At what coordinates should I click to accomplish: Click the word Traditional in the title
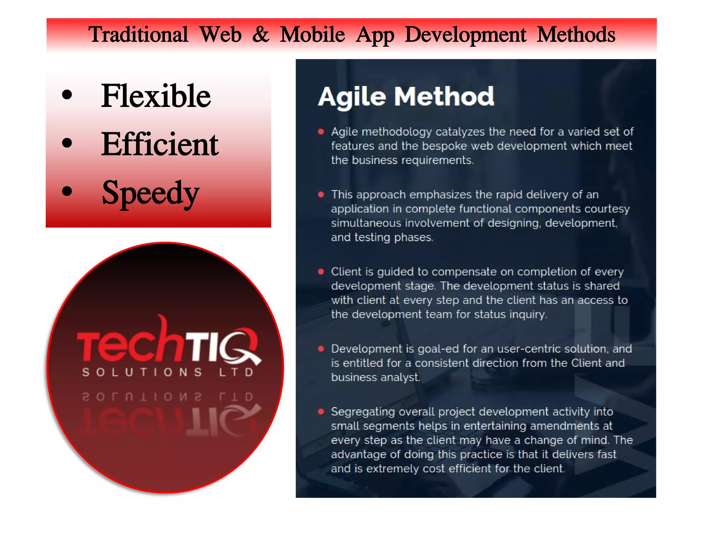click(138, 35)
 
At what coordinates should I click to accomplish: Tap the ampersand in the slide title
click(261, 35)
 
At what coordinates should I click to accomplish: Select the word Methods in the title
click(576, 35)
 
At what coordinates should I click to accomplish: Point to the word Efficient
click(160, 144)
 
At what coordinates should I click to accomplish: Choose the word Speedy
click(150, 193)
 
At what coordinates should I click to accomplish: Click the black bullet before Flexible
click(67, 95)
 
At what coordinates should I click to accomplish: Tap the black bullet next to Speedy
click(67, 191)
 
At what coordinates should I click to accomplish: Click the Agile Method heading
click(406, 96)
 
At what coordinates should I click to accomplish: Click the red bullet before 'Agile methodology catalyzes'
click(321, 132)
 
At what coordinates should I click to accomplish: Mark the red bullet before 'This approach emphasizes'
click(321, 194)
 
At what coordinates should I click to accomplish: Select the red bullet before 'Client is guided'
click(321, 272)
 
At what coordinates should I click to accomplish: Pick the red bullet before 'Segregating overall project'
click(321, 412)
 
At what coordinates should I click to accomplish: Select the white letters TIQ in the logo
click(222, 345)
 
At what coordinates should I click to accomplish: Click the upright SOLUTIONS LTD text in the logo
click(168, 372)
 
